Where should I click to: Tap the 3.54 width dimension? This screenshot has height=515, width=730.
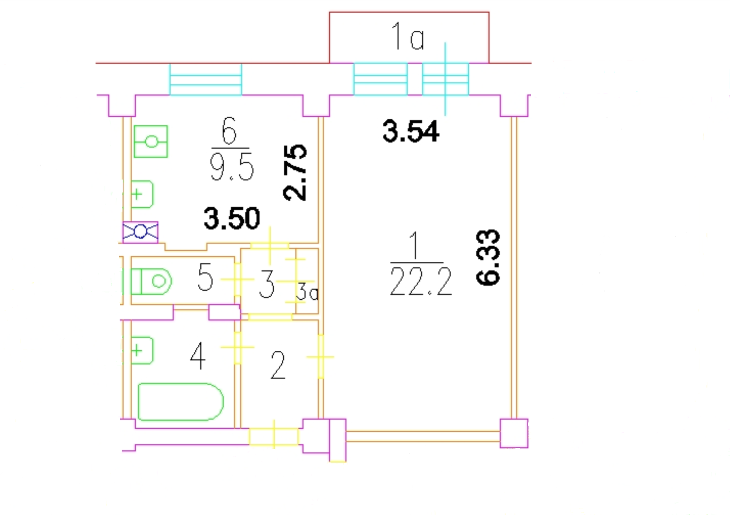411,131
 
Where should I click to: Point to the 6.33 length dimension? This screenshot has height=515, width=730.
488,257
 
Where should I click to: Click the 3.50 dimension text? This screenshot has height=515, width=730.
232,218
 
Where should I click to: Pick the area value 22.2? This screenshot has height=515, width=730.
421,281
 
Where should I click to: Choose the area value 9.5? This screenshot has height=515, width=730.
232,168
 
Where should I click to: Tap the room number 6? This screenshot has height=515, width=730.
229,131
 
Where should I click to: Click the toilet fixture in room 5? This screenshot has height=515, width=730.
151,281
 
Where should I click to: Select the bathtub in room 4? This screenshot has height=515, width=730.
181,402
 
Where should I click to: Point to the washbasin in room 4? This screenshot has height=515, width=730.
142,350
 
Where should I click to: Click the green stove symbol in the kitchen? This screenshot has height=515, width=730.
151,141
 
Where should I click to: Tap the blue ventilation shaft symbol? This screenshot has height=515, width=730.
140,232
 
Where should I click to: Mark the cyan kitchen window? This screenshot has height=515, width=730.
206,79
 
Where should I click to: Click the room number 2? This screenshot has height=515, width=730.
278,365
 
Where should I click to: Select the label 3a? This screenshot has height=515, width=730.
307,292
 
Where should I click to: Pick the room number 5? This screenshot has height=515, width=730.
205,277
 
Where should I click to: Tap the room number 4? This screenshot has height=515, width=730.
198,356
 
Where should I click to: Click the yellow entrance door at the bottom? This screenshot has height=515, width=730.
274,436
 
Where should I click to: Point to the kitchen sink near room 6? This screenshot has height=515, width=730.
142,194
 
